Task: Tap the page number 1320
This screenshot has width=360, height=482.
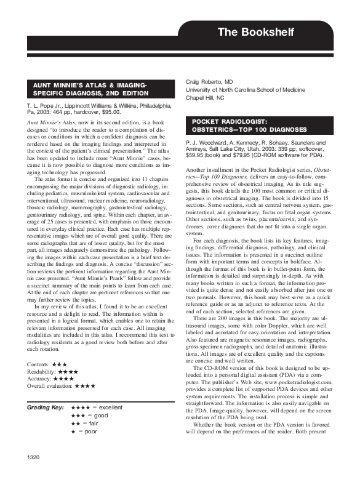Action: click(35, 457)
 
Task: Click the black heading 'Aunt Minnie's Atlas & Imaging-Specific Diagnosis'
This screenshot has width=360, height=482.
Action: click(90, 89)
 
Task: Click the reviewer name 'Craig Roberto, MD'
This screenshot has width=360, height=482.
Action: click(210, 81)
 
